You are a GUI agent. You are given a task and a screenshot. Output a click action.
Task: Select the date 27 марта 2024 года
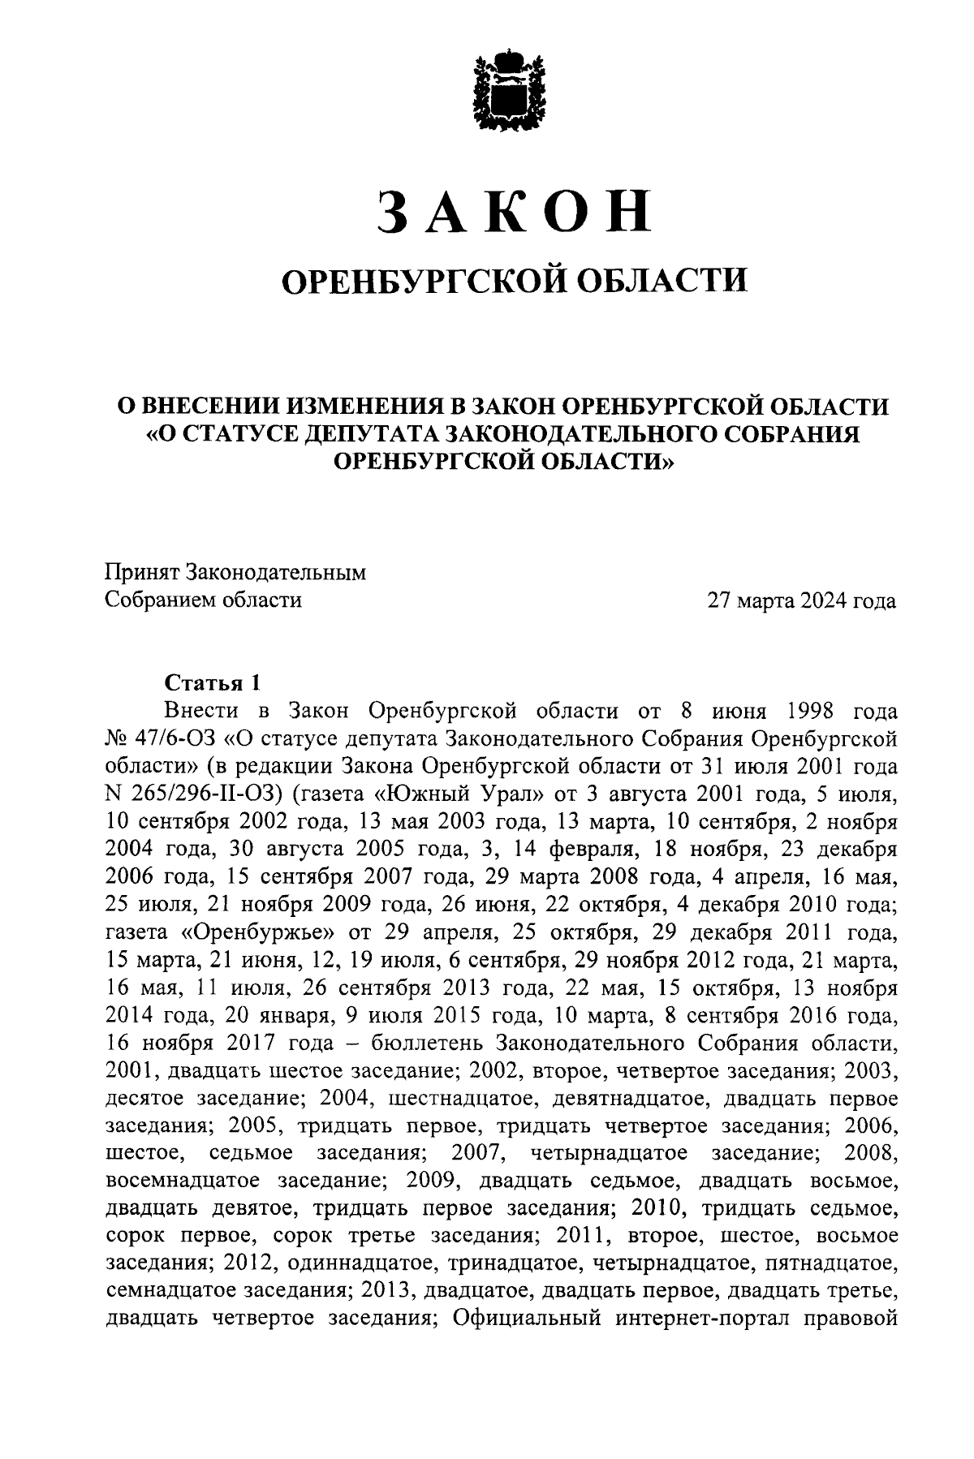tap(801, 601)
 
